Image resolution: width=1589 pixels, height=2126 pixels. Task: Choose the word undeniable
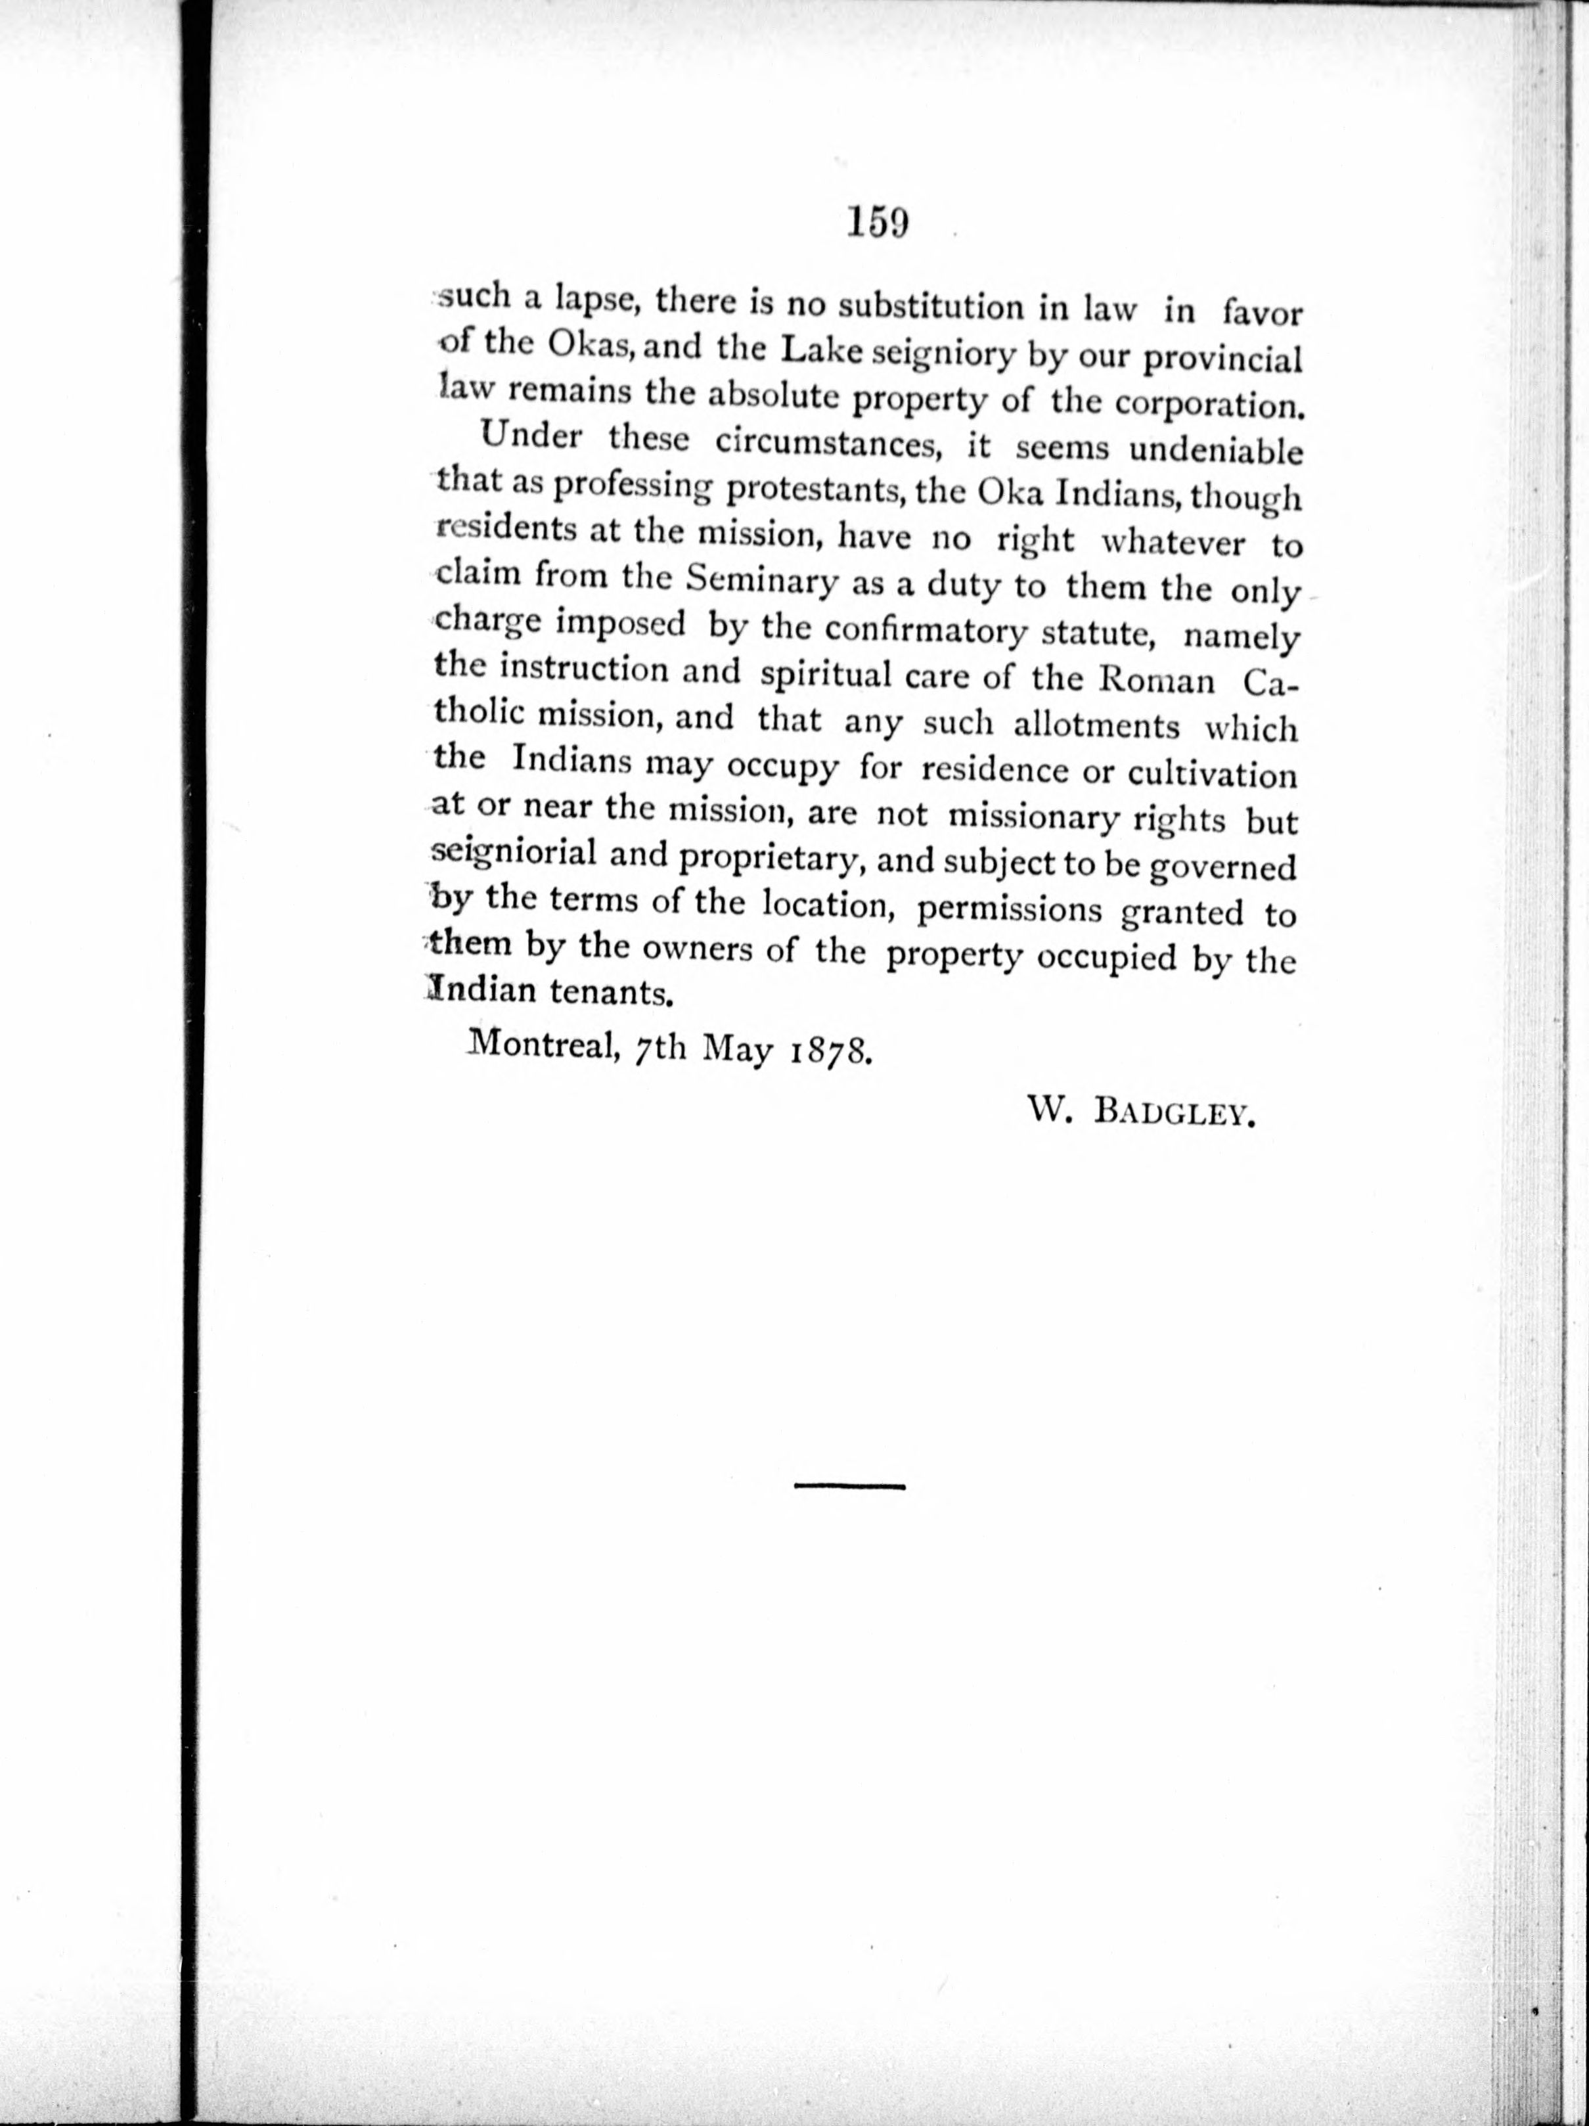[x=1215, y=452]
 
